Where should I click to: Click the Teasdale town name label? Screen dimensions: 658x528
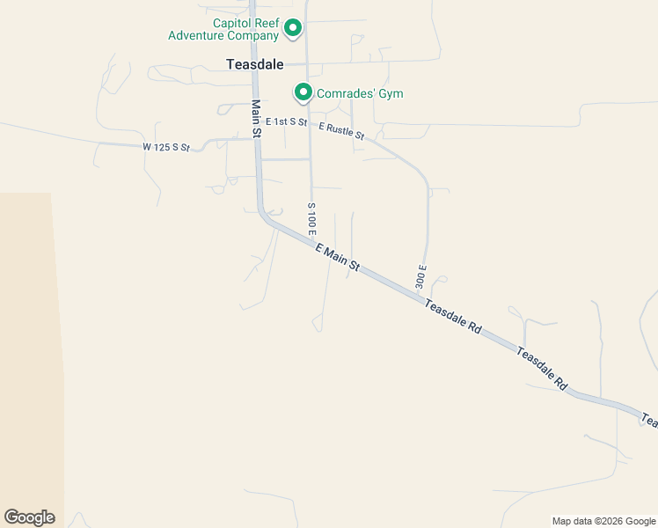[x=254, y=64]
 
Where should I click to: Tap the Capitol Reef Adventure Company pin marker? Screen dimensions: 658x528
[x=293, y=29]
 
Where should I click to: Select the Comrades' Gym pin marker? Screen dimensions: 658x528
[x=303, y=92]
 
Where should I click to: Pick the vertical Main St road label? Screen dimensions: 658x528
[x=256, y=118]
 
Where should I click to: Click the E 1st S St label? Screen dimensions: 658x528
[x=281, y=121]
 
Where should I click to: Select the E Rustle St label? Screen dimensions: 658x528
[x=341, y=130]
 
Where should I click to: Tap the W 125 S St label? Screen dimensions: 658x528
[x=166, y=147]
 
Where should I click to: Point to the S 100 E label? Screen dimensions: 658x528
[x=311, y=217]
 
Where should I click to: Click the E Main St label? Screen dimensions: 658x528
[x=338, y=258]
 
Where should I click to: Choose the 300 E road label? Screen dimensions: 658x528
[x=421, y=277]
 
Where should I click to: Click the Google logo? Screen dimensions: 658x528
[x=29, y=517]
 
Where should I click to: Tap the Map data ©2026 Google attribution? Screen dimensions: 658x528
[x=603, y=521]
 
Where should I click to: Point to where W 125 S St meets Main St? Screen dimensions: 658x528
[x=256, y=138]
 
